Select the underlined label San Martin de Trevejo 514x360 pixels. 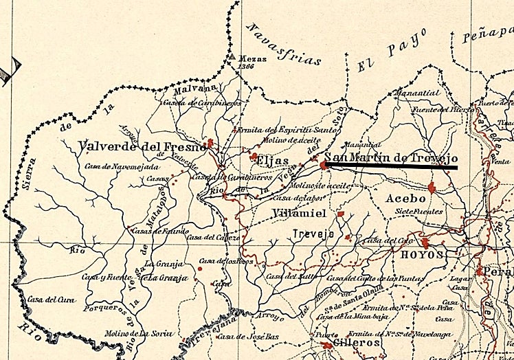[390, 157]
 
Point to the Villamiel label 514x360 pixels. [300, 213]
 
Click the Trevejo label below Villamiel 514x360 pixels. [313, 234]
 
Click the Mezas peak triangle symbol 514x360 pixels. [232, 58]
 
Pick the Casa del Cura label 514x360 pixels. [46, 300]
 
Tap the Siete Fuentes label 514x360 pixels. [419, 212]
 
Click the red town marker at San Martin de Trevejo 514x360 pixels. [323, 165]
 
